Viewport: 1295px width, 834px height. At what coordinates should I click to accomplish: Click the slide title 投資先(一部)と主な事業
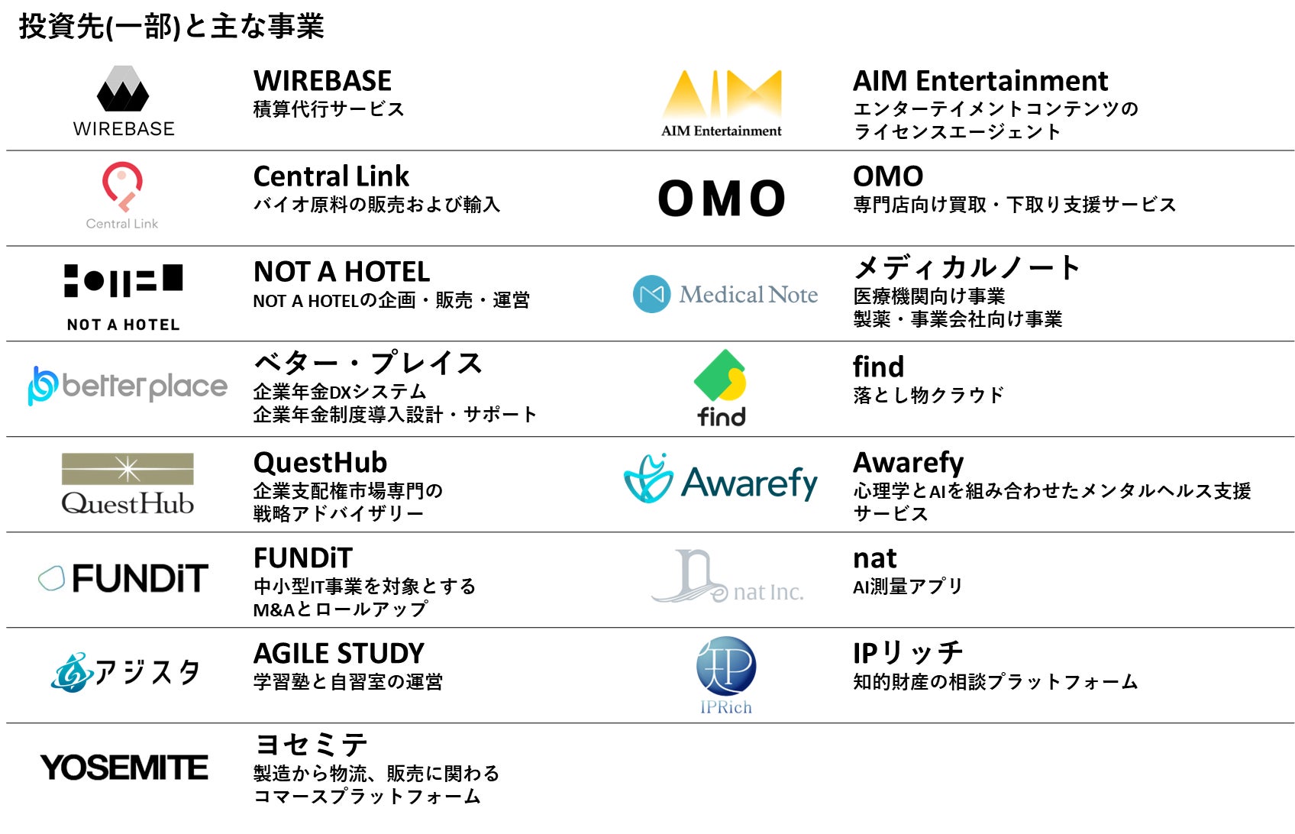171,26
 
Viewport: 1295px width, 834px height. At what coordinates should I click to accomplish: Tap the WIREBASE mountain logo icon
123,89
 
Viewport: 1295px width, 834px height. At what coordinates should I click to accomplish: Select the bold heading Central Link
331,176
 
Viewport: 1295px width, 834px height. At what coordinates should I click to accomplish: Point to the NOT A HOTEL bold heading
341,272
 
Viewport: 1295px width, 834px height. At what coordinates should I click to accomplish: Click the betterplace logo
128,386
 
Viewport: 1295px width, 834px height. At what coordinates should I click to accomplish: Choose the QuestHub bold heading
320,463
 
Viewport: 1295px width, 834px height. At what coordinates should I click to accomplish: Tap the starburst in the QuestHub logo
128,469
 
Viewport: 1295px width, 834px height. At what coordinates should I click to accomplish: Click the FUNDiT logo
124,578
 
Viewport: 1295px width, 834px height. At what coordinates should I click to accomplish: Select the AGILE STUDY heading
338,654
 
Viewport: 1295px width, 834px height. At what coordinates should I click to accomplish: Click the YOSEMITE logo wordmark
124,768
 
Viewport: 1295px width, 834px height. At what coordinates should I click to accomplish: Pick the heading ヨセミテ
311,745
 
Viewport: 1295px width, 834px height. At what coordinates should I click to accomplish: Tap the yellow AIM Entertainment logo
722,94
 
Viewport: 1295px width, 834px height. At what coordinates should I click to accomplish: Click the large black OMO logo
722,199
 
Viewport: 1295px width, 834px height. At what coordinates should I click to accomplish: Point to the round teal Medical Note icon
651,294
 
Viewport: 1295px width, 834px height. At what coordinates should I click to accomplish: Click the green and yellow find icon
720,376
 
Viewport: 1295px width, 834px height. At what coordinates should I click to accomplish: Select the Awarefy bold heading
908,463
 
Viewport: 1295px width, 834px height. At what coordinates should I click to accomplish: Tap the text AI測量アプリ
907,587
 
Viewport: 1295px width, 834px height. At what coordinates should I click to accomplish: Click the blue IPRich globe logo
725,666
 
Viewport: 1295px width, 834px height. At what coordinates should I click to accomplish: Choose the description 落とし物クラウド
928,396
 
